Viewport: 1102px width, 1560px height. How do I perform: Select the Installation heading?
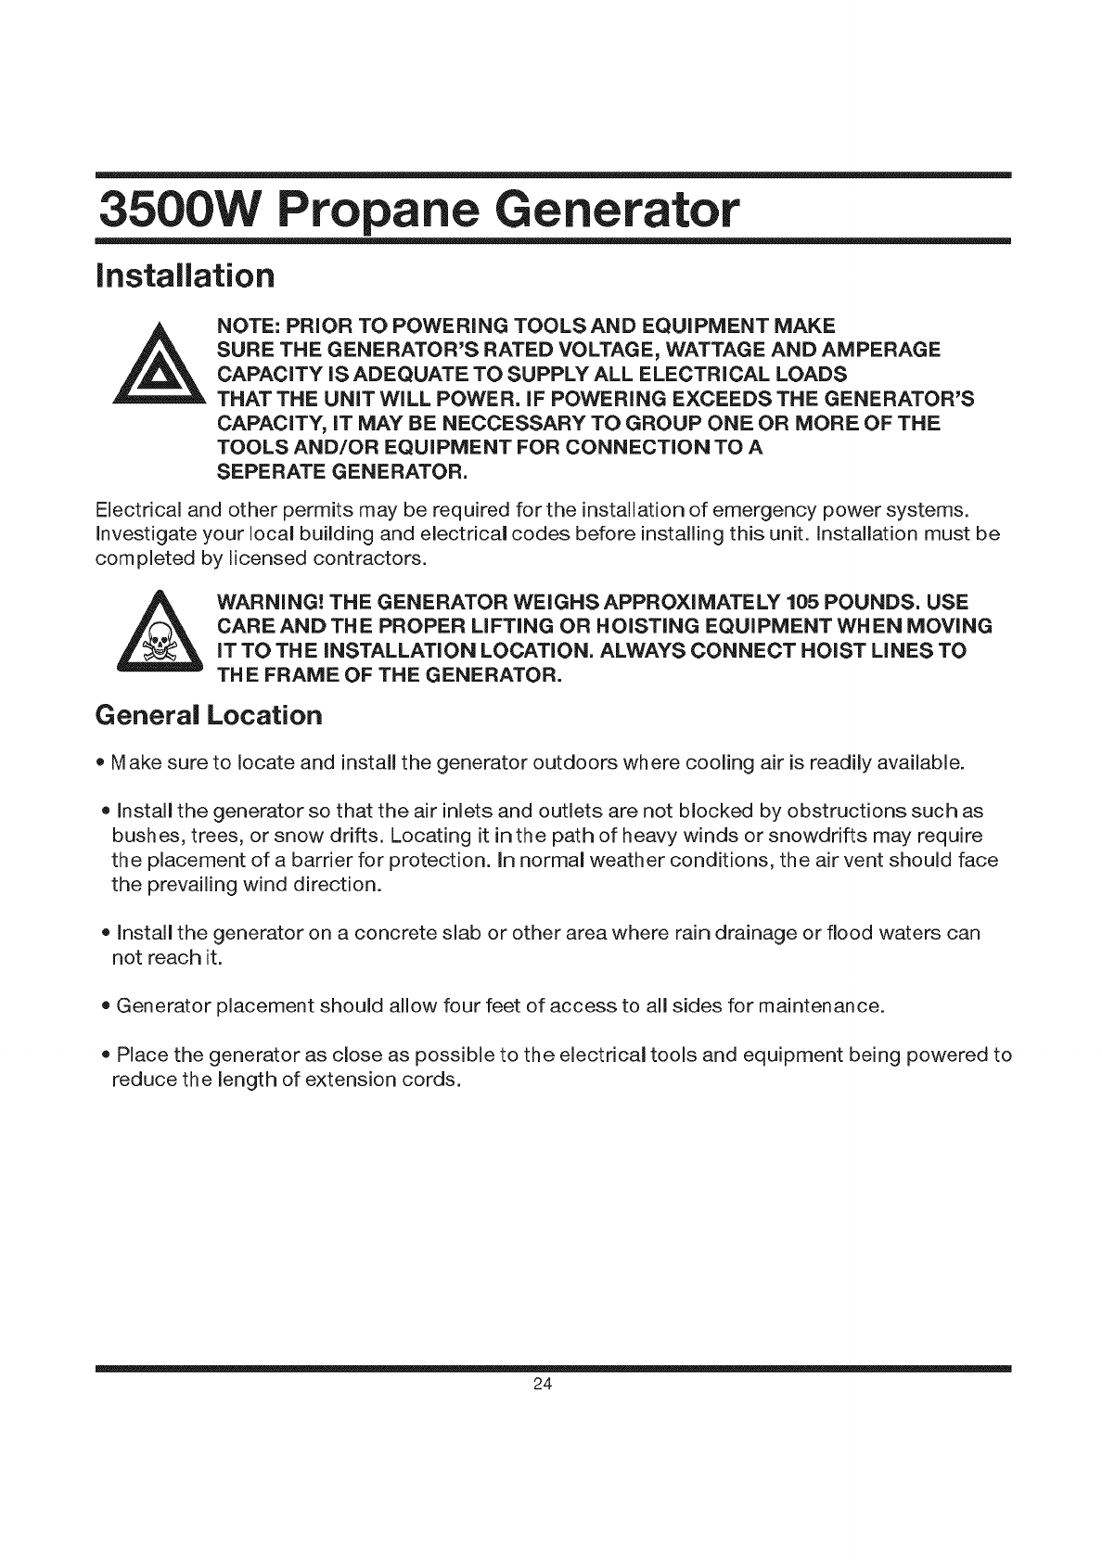coord(186,275)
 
